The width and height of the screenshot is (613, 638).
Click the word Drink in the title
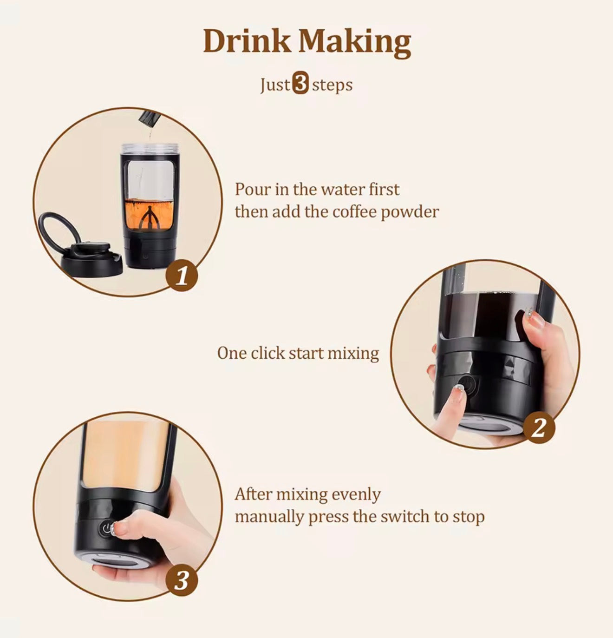247,41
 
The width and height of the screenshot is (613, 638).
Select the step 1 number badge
182,276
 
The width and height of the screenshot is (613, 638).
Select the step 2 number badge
539,427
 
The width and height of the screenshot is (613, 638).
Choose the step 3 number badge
182,580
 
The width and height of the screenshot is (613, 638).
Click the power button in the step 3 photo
106,529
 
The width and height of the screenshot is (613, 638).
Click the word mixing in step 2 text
353,353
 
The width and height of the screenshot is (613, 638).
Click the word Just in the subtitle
275,85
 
